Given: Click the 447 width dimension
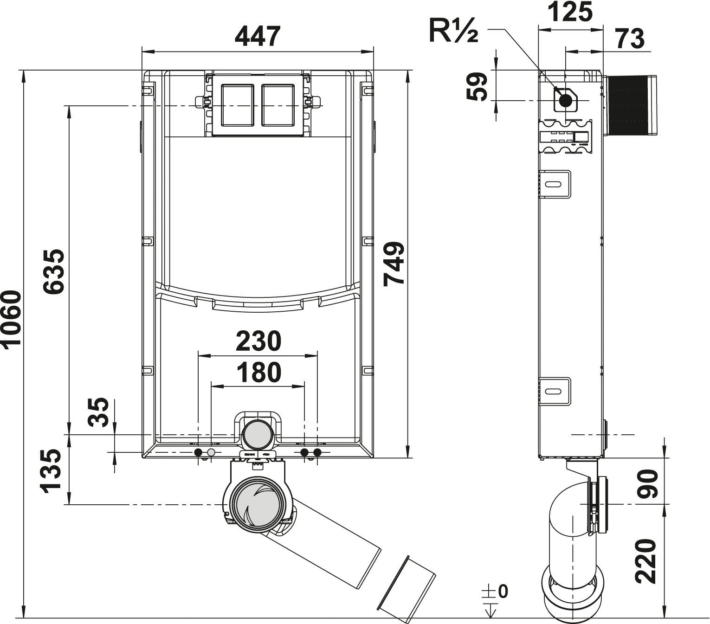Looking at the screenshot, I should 258,36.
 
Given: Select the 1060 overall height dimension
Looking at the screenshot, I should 11,318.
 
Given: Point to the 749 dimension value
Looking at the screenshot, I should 394,263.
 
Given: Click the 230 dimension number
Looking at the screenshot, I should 258,341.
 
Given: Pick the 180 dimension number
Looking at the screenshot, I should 258,373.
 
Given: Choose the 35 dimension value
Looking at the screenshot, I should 99,412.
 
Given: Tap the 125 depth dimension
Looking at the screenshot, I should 570,12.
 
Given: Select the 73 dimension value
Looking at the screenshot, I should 630,39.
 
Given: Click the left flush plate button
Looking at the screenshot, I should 238,105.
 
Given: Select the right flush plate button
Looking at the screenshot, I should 278,105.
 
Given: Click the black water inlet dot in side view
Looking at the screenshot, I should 565,100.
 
